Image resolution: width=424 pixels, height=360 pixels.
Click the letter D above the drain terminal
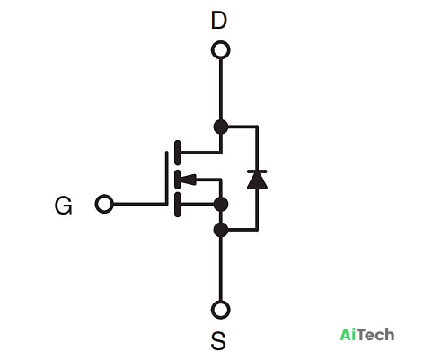coord(219,21)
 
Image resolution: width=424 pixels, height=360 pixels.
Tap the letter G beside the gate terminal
coord(63,206)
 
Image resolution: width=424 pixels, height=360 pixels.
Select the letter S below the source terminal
coord(218,341)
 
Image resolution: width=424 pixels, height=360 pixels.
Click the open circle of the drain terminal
coord(221,49)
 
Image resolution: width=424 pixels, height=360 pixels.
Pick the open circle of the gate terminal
coord(104,204)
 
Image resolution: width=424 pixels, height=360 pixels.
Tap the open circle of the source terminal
coord(221,310)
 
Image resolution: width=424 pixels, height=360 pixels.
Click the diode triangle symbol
coord(257,180)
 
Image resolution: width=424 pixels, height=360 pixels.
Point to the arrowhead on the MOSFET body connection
coord(189,180)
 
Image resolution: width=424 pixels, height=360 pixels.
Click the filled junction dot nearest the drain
coord(221,127)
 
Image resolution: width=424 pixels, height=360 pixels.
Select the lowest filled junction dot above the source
coord(221,230)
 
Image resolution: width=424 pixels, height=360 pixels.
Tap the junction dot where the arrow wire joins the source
coord(221,205)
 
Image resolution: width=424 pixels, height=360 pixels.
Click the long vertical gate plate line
coord(166,179)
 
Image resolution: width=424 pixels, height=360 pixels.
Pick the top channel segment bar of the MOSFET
coord(177,153)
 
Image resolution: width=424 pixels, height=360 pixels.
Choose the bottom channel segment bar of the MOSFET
coord(177,205)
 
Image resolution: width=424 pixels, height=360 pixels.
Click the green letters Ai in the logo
coord(348,334)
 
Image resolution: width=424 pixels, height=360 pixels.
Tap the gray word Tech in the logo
coord(375,334)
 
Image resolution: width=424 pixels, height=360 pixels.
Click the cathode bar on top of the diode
coord(257,171)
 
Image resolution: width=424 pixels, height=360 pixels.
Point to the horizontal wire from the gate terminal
coord(139,204)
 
